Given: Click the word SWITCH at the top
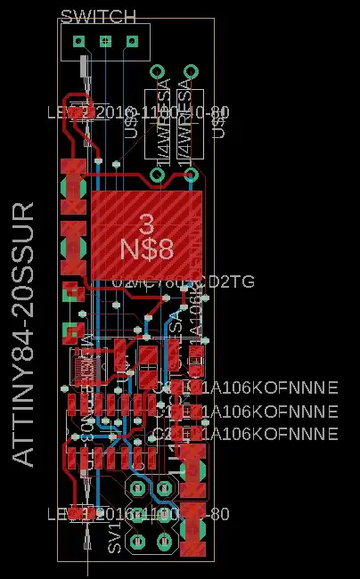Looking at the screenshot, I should (98, 17).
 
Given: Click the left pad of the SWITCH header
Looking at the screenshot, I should (79, 41).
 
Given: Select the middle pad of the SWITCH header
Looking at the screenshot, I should (106, 41).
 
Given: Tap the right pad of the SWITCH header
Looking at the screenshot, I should (133, 41).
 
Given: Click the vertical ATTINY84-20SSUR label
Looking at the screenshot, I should (24, 333).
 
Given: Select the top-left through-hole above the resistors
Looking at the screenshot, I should (158, 72).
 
